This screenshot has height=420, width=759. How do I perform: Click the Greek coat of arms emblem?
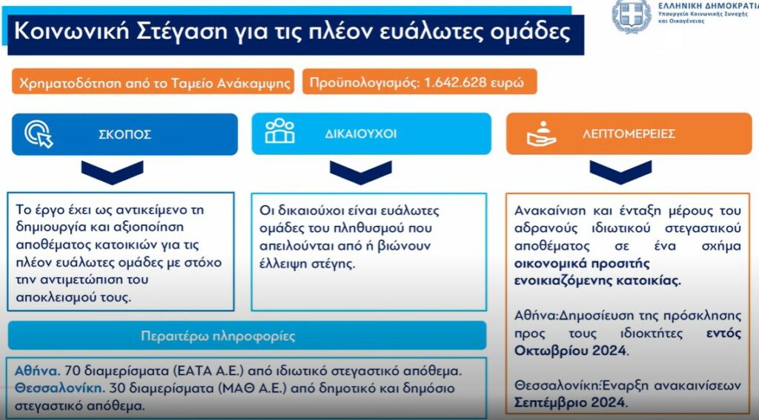point(632,16)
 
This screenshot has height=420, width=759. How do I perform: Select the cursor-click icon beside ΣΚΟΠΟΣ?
point(39,133)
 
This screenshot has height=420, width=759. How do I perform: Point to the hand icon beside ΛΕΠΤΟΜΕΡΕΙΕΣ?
point(541,133)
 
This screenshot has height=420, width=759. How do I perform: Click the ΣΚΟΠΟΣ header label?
point(125,135)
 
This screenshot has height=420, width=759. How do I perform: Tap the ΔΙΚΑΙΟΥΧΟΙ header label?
point(361,134)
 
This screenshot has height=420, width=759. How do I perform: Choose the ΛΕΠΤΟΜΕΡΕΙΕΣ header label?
point(629,134)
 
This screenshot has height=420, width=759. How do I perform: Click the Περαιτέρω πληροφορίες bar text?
point(218,336)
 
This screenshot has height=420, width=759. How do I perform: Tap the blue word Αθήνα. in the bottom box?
point(37,371)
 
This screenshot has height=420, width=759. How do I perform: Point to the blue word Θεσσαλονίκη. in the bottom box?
point(59,389)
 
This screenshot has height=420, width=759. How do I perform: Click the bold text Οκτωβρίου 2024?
point(571,350)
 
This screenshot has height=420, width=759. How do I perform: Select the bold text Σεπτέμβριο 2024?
point(571,402)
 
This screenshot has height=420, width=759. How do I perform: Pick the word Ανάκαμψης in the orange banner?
point(253,84)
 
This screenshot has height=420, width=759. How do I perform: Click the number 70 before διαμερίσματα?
point(72,371)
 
